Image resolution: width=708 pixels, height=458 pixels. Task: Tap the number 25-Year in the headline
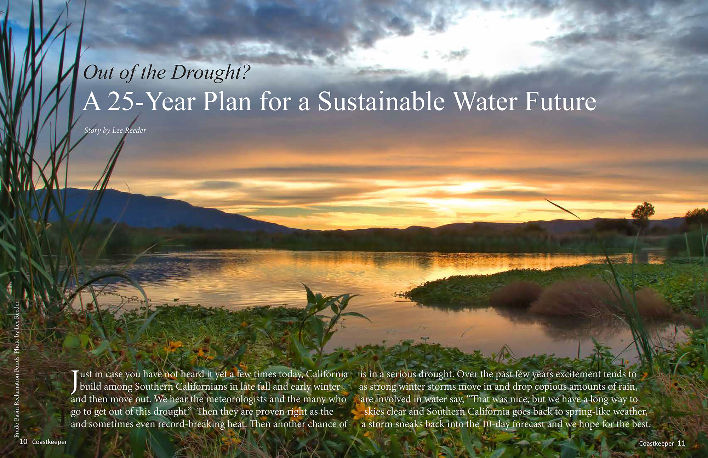[151, 102]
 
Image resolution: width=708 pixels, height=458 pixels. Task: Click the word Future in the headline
[560, 102]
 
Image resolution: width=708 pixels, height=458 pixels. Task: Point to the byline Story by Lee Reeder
[115, 131]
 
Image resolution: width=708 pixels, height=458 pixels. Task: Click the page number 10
[23, 441]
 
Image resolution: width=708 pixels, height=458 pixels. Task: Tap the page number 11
[681, 443]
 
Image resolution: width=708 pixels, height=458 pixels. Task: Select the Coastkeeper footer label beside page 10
[50, 442]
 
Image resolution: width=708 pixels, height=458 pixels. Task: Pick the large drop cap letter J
[74, 382]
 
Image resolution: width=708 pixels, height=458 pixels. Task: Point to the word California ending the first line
[327, 374]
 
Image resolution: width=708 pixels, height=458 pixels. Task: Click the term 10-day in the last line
[496, 424]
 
